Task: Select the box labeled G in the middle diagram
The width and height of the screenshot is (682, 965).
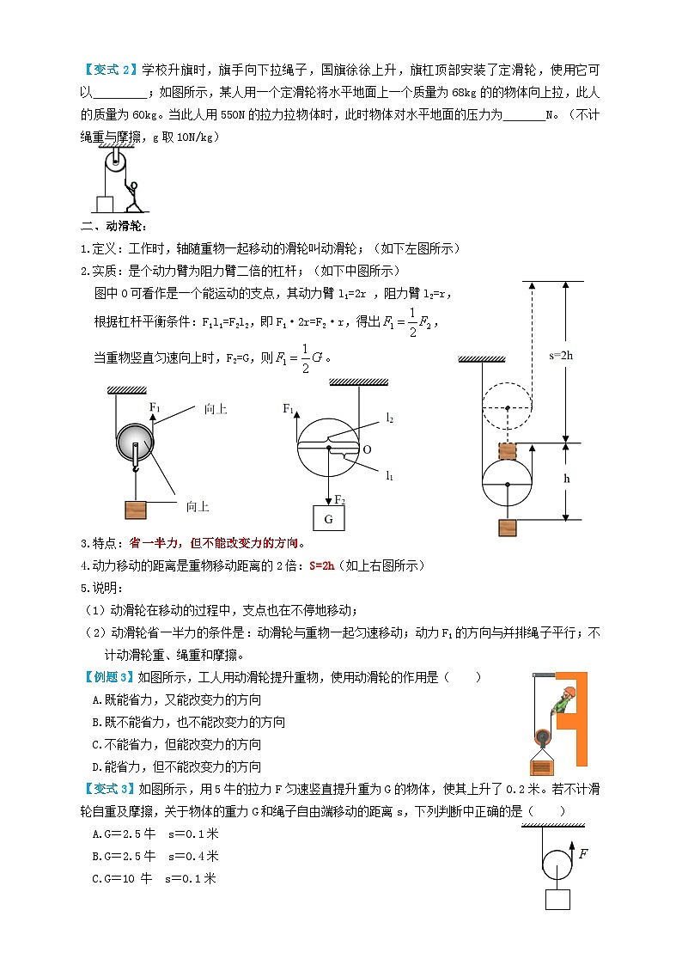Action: click(328, 519)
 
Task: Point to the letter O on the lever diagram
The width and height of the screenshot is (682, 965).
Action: click(368, 449)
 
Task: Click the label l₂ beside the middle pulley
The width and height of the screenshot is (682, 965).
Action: click(389, 418)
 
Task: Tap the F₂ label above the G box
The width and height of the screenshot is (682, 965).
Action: click(339, 499)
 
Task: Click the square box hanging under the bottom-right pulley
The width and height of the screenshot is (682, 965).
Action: click(557, 899)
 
